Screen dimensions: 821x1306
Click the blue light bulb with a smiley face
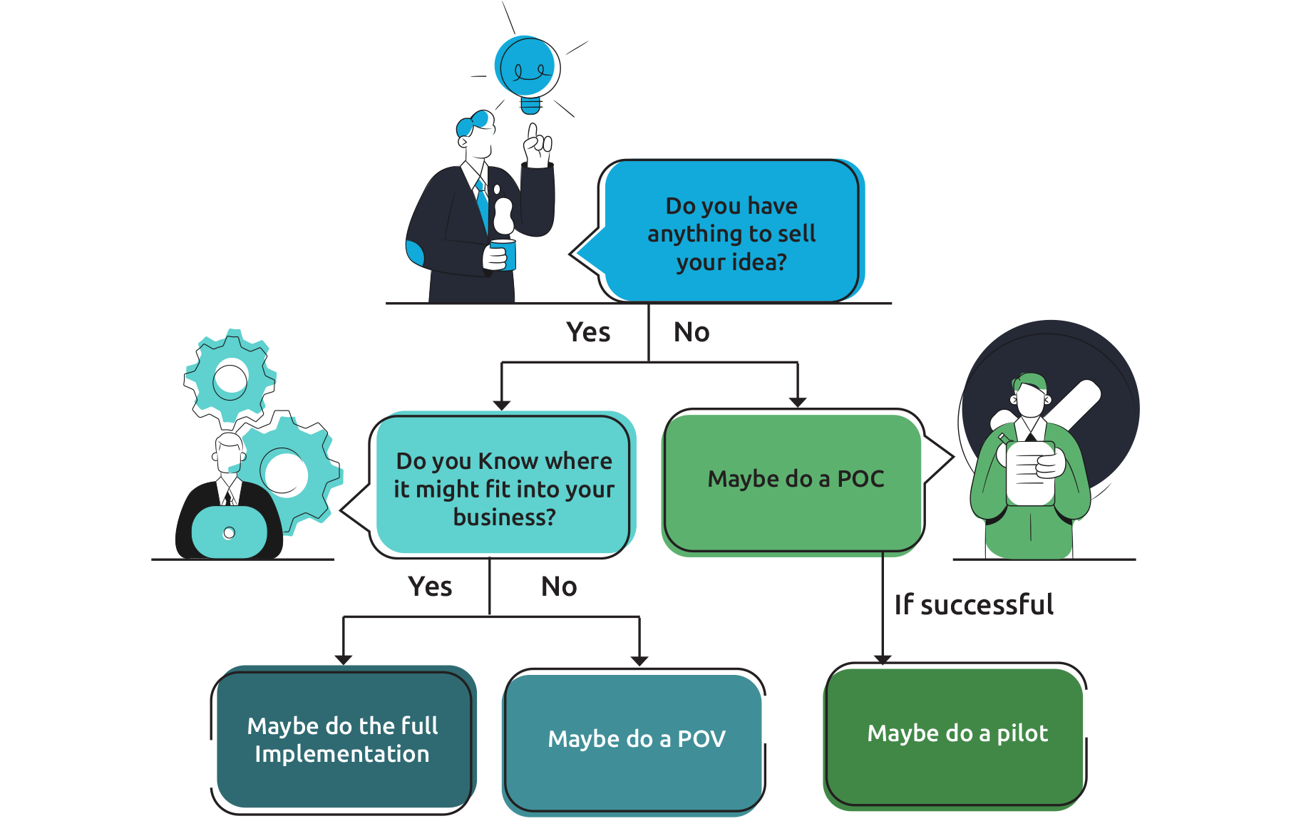[526, 68]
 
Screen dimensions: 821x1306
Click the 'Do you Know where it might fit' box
[503, 488]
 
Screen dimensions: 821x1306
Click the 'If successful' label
[974, 605]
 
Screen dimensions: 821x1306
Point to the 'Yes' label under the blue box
[588, 332]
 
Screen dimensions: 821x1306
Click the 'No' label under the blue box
[691, 332]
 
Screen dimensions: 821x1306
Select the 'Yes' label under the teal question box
[430, 587]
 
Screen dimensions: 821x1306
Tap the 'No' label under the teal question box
[559, 587]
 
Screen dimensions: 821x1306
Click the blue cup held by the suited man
[504, 255]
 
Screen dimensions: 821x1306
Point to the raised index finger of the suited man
[532, 132]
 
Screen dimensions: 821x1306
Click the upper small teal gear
[230, 376]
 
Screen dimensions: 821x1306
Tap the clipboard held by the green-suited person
[1030, 474]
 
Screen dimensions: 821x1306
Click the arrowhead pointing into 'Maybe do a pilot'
[883, 659]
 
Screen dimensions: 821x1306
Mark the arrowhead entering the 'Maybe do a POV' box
[639, 661]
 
